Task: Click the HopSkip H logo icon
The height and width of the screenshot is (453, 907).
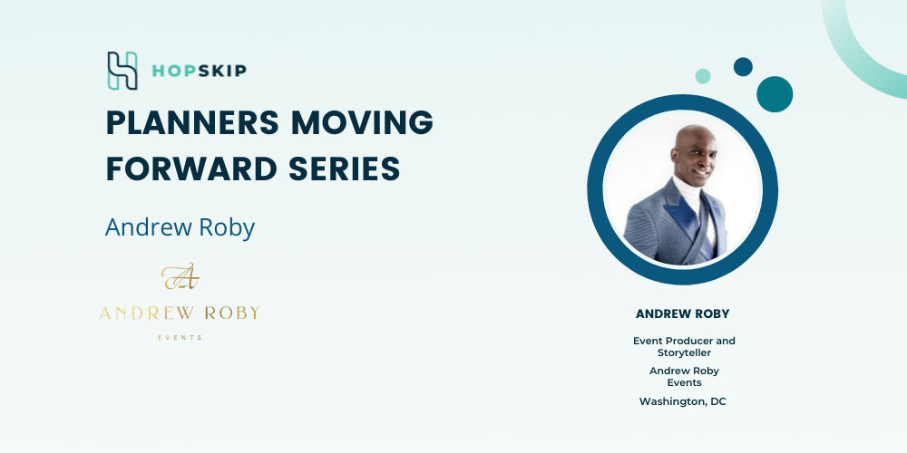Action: tap(122, 71)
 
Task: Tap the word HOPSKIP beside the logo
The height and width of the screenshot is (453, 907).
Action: tap(200, 71)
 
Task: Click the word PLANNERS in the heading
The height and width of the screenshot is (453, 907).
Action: tap(192, 122)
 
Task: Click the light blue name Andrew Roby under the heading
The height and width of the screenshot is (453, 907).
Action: tap(180, 227)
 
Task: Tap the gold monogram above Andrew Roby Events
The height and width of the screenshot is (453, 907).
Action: tap(180, 276)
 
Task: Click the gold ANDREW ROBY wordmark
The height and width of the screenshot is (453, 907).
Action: tap(180, 313)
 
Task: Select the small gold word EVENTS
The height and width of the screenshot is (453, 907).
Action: tap(180, 337)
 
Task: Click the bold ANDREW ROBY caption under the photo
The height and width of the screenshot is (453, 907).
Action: tap(683, 313)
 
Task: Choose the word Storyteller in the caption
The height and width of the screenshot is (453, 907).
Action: tap(684, 352)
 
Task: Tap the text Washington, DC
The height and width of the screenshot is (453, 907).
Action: tap(683, 401)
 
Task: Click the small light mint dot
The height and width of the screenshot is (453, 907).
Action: tap(703, 76)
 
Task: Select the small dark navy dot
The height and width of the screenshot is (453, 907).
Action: tap(744, 66)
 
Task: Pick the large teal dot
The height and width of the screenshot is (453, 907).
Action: tap(775, 94)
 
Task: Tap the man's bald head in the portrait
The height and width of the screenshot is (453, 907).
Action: tap(695, 139)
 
